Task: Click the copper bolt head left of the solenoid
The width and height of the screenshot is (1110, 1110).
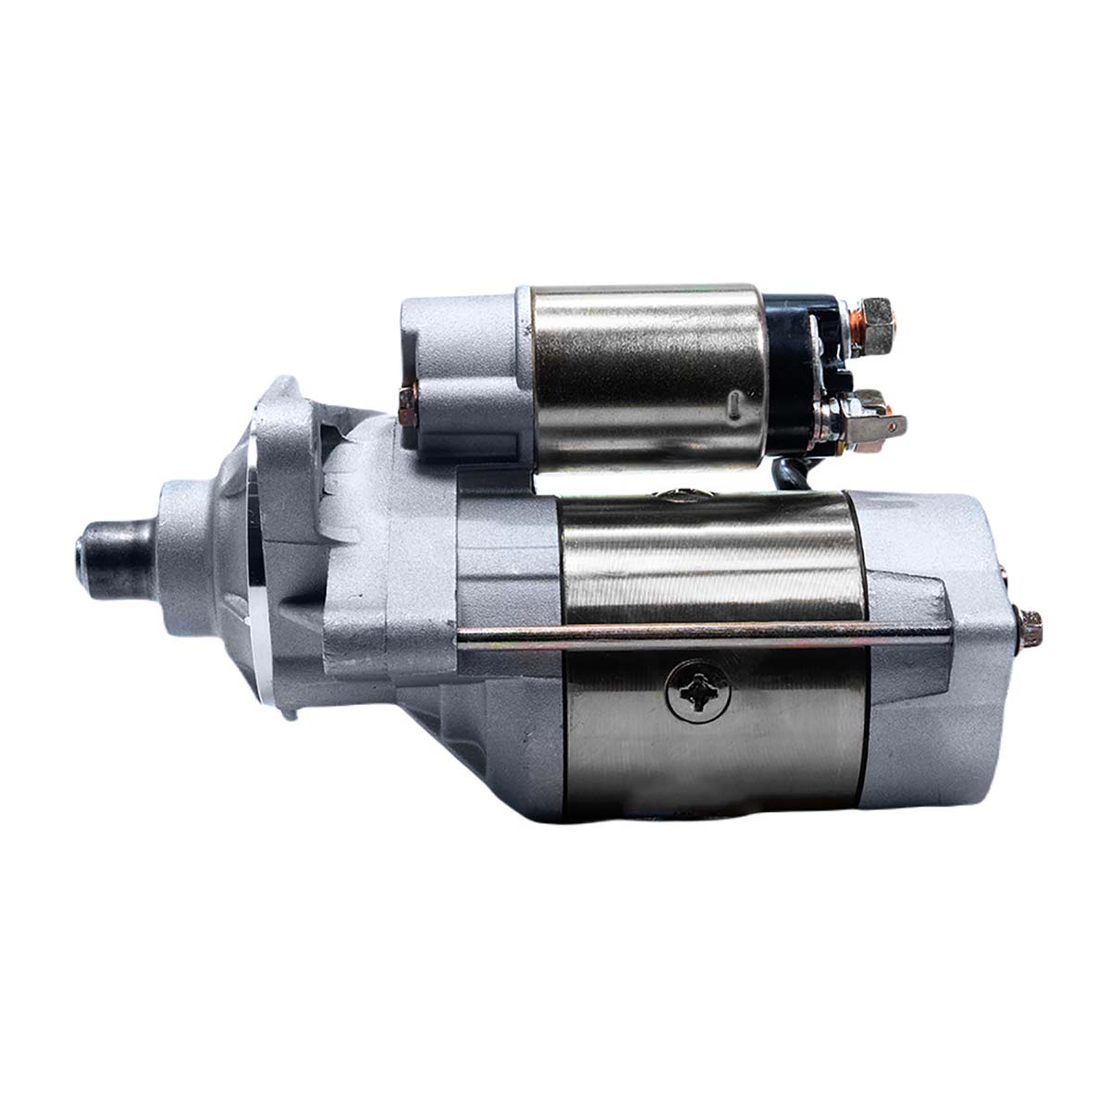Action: click(x=407, y=404)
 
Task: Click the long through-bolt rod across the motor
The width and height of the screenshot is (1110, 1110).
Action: click(x=703, y=633)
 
